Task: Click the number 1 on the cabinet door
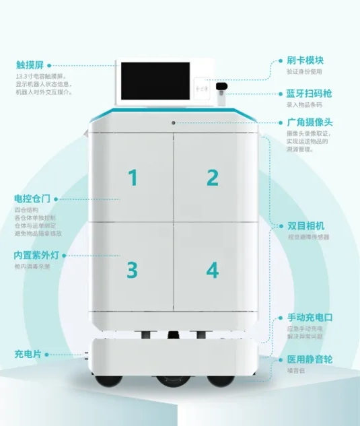pyautogui.click(x=133, y=178)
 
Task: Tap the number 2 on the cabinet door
pyautogui.click(x=213, y=178)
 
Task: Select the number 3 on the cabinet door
pyautogui.click(x=133, y=271)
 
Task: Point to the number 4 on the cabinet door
pyautogui.click(x=213, y=271)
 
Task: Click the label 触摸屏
pyautogui.click(x=30, y=65)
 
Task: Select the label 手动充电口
pyautogui.click(x=310, y=317)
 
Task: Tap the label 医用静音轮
pyautogui.click(x=310, y=359)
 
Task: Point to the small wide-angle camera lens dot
pyautogui.click(x=173, y=122)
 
